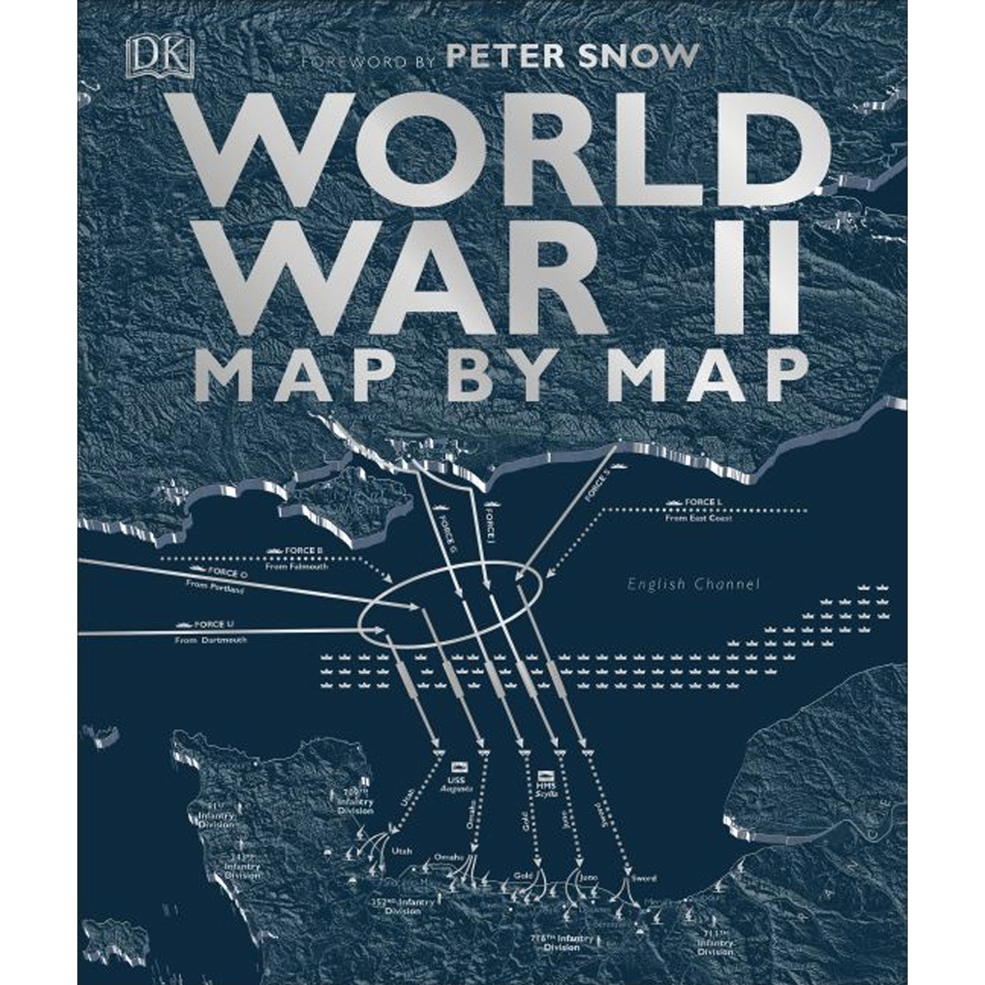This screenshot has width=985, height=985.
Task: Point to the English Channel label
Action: [x=693, y=584]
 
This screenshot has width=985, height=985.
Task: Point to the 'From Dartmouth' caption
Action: [x=211, y=640]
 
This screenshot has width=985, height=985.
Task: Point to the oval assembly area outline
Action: [x=449, y=605]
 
